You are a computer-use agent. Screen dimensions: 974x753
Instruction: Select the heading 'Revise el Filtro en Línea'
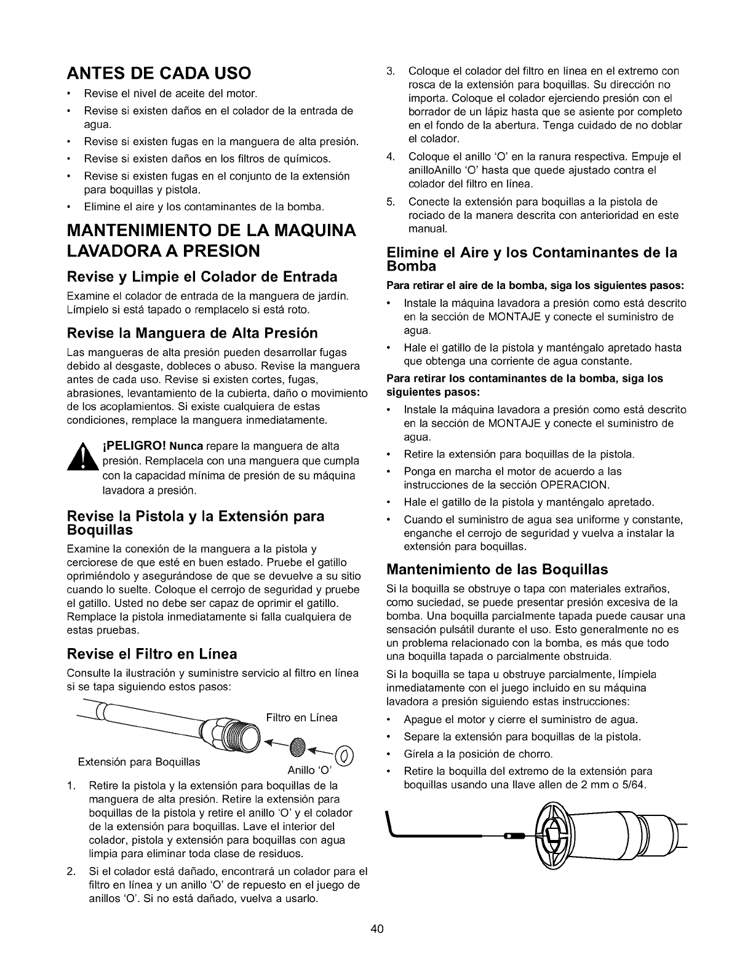[x=151, y=653]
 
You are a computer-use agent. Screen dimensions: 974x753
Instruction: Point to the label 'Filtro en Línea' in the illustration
[x=301, y=718]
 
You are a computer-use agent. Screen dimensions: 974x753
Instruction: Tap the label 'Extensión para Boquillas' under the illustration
[x=139, y=762]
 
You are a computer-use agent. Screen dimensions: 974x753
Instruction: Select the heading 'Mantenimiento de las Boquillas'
[x=497, y=568]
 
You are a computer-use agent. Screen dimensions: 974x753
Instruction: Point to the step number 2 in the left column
[x=70, y=871]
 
